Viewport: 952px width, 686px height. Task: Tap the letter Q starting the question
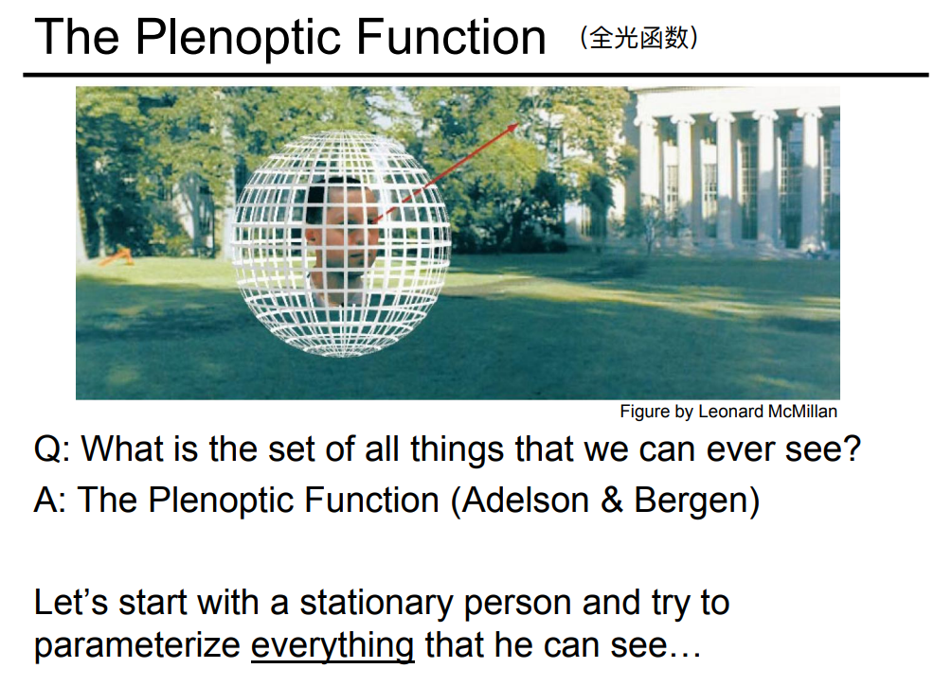click(48, 449)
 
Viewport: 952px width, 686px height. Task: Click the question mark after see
click(851, 449)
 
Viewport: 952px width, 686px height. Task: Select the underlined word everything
click(332, 645)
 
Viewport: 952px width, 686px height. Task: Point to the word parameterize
click(136, 645)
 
